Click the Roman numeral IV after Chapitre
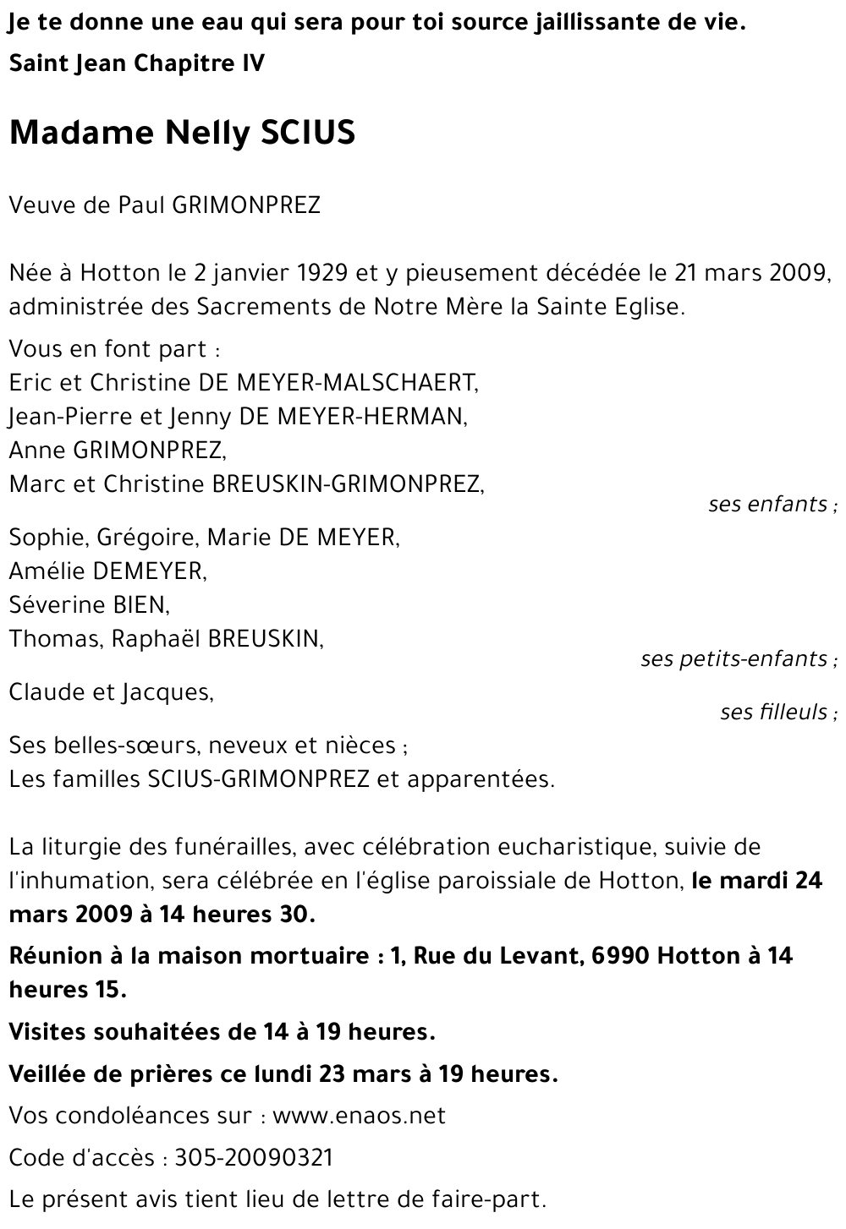[x=251, y=63]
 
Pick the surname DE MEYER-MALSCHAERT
[x=338, y=382]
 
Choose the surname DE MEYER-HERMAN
[x=354, y=416]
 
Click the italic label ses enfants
[x=769, y=505]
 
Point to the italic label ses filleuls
[x=775, y=712]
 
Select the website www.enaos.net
[x=359, y=1116]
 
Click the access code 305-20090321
[x=254, y=1157]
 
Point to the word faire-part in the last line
[x=497, y=1199]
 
